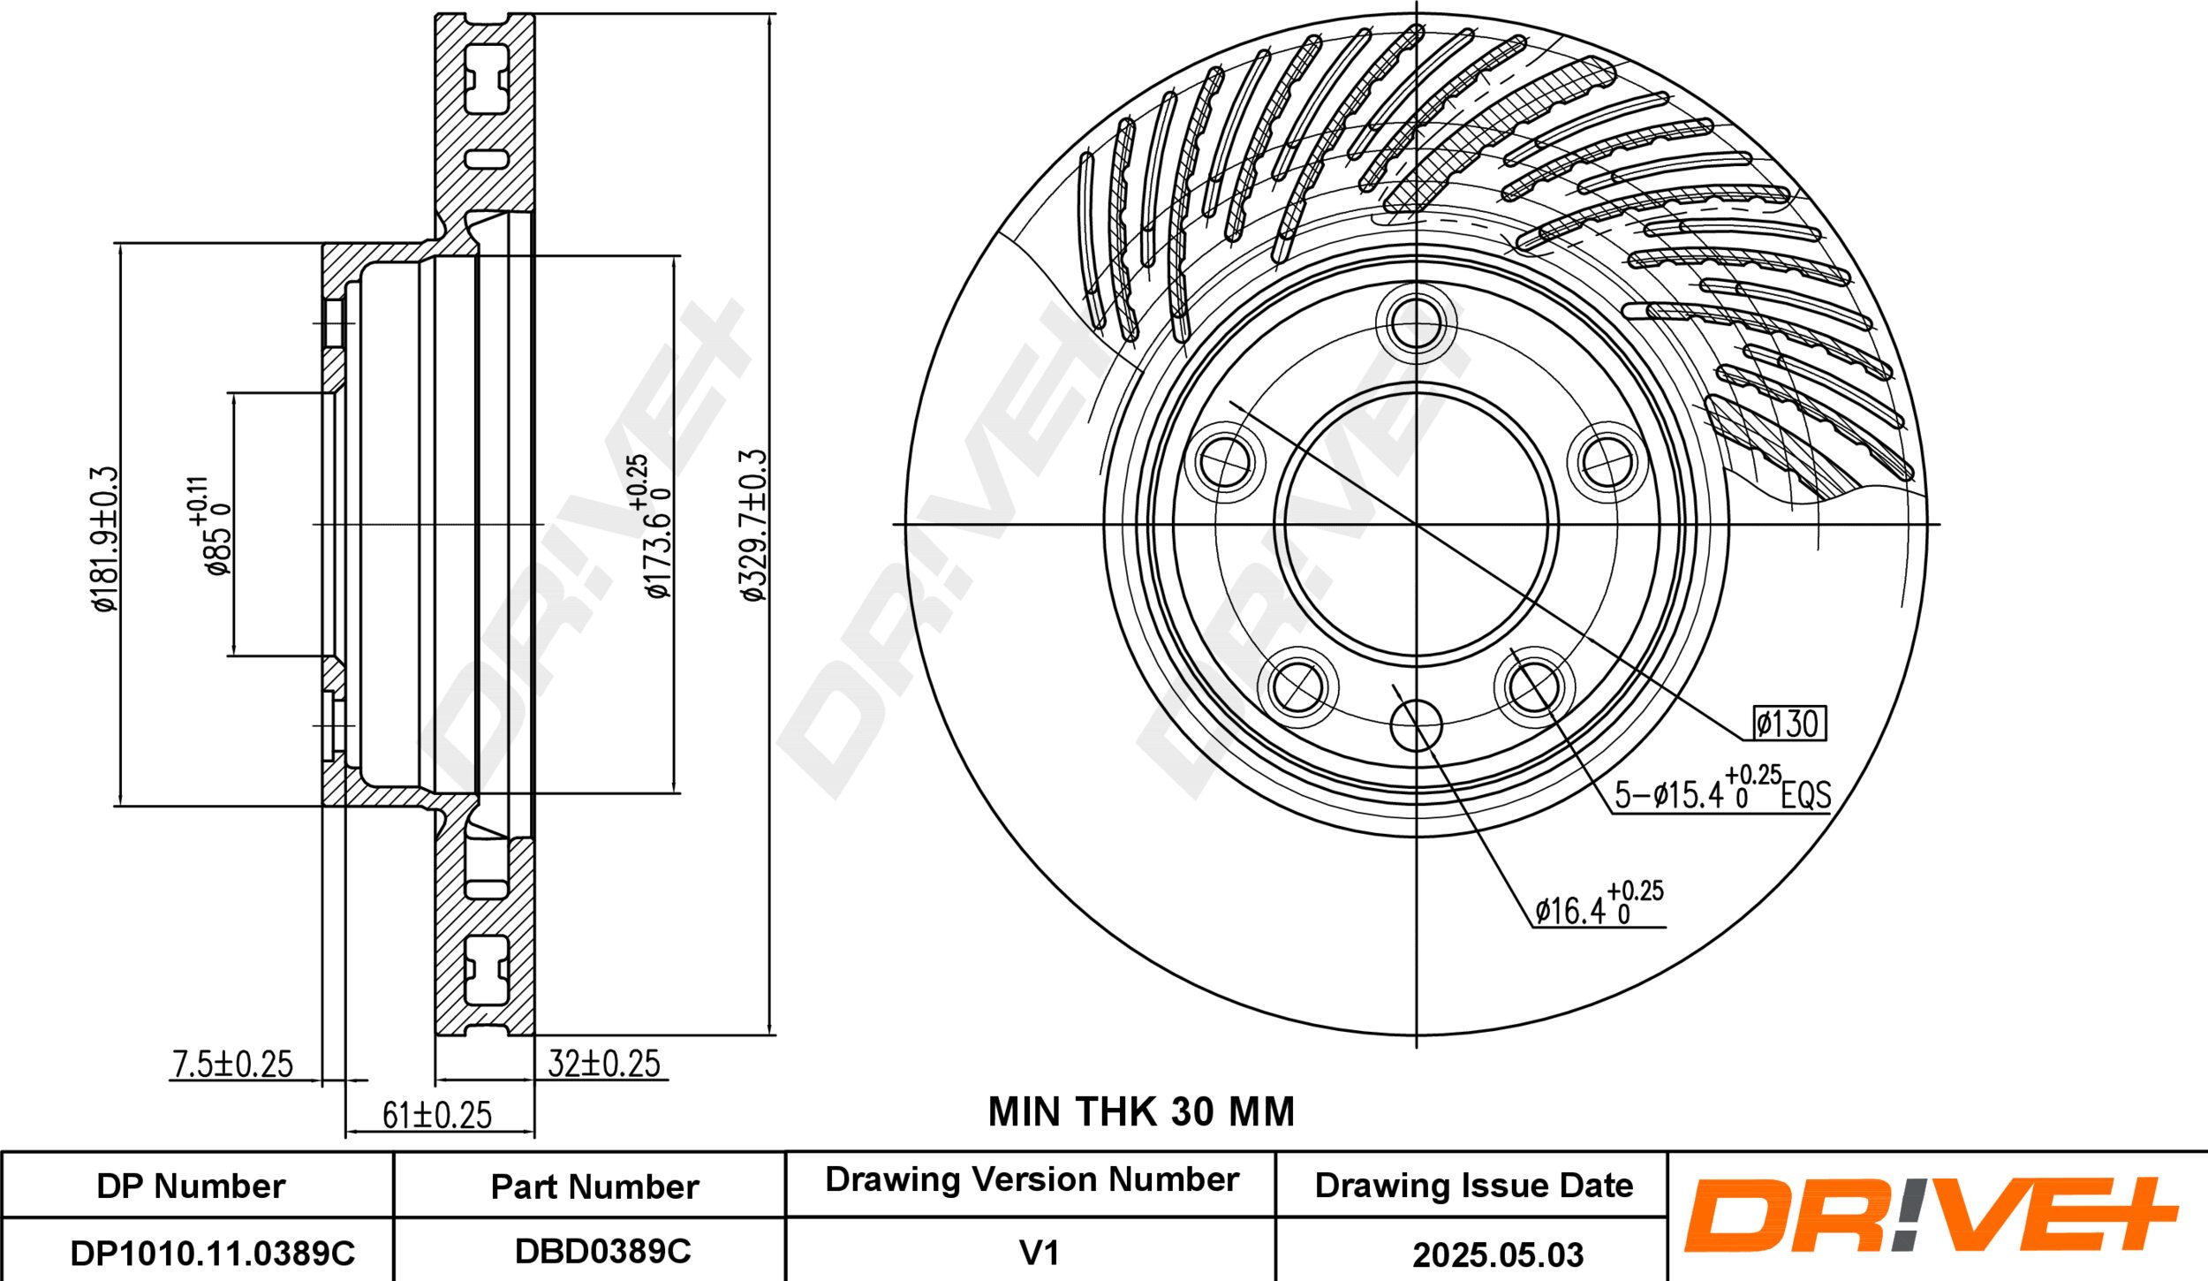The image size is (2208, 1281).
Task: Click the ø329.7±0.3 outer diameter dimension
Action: click(x=753, y=526)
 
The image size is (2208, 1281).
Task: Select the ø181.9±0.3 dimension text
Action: click(x=104, y=539)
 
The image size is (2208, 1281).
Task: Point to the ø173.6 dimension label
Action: click(x=654, y=527)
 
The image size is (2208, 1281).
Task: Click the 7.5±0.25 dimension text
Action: click(x=232, y=1065)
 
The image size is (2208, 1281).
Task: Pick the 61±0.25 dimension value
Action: click(x=437, y=1116)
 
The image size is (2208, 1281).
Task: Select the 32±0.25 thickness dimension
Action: click(x=604, y=1064)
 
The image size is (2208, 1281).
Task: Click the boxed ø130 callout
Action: click(x=1789, y=724)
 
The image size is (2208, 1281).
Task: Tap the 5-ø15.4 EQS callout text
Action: click(x=1722, y=789)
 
